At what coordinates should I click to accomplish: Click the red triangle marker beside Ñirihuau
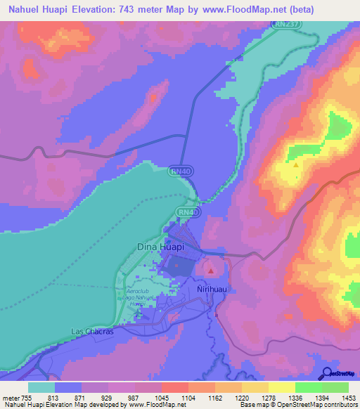(211, 270)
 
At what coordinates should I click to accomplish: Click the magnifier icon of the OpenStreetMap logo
(326, 373)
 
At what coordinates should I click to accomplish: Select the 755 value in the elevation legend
(27, 396)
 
